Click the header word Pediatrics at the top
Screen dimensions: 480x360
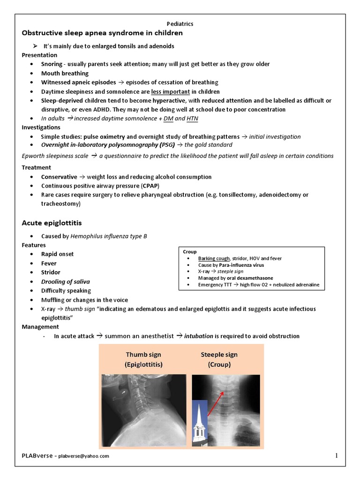[180, 23]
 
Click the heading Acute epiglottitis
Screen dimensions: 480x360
[52, 222]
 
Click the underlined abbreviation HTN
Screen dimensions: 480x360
[192, 119]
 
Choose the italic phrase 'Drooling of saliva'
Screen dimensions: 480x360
[65, 282]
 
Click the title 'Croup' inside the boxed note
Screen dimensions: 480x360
[189, 252]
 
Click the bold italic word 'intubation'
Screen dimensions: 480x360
[200, 336]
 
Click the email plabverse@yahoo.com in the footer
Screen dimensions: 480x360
[83, 456]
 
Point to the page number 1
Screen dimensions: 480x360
[336, 456]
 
